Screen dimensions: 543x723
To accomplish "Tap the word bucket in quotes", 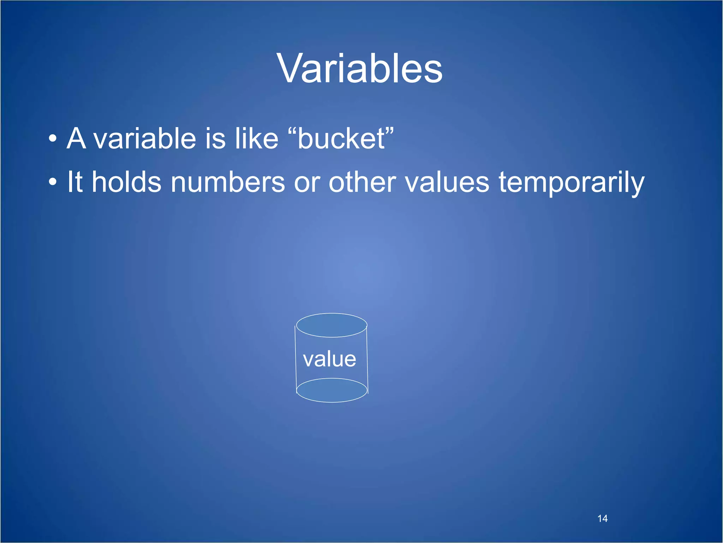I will click(x=341, y=139).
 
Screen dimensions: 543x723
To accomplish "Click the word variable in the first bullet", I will click(x=144, y=139).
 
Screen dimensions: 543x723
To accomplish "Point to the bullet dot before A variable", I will click(x=53, y=139).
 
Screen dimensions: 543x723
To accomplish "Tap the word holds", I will click(x=126, y=182).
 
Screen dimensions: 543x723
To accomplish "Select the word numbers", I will click(x=228, y=182).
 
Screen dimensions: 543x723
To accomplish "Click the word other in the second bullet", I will click(x=362, y=182).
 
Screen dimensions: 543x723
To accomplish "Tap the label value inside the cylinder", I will click(x=329, y=359).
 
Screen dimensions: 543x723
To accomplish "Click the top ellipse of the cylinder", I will click(x=331, y=325).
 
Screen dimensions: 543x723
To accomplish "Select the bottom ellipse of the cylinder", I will click(x=331, y=390).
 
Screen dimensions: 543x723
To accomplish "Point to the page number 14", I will click(x=602, y=519).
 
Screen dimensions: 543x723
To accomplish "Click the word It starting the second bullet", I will click(x=75, y=182).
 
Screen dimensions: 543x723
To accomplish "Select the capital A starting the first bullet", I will click(x=76, y=139).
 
